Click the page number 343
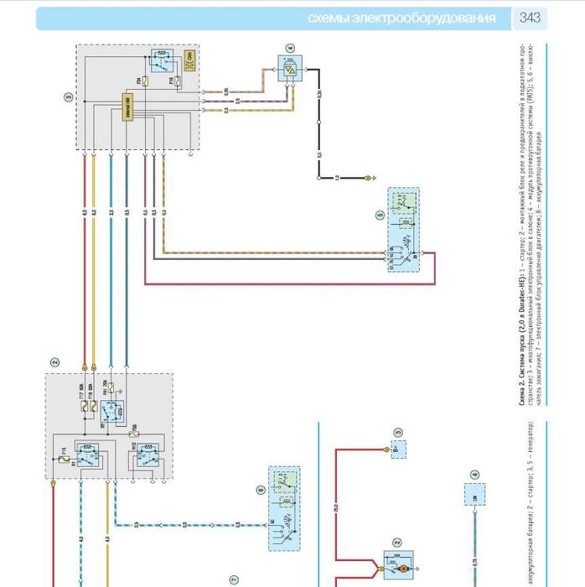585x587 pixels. tap(531, 17)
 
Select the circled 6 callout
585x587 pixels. tap(261, 490)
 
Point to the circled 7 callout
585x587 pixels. tap(235, 578)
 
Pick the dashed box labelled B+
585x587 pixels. tap(398, 450)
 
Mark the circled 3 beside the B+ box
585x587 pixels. tap(398, 433)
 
